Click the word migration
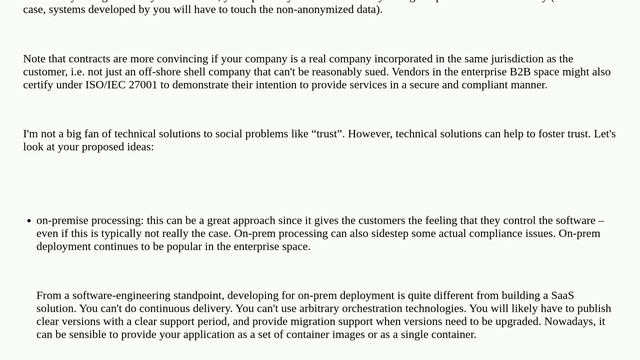349,321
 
